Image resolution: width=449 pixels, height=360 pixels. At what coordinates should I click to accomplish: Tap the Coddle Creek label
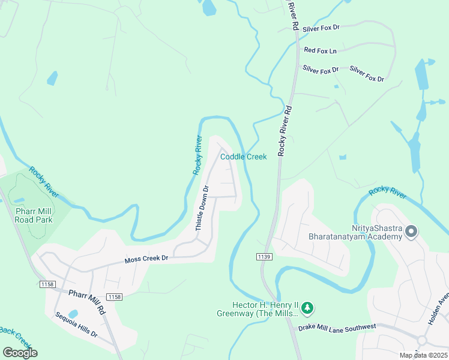[243, 157]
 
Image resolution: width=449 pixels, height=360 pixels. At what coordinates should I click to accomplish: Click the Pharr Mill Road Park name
[34, 215]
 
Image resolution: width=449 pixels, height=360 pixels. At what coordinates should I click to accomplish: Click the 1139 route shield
[265, 257]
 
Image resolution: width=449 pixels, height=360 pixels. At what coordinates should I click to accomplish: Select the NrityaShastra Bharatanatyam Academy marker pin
[411, 232]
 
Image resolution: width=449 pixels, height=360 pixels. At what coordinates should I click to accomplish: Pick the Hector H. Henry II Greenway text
[258, 309]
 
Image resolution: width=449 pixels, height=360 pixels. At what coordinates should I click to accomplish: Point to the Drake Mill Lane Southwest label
[337, 326]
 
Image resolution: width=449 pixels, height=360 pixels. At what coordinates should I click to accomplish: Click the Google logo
[20, 352]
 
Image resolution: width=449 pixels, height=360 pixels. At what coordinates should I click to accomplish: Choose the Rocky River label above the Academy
[387, 193]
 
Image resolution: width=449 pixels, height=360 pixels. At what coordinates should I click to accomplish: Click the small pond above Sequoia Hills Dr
[73, 314]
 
